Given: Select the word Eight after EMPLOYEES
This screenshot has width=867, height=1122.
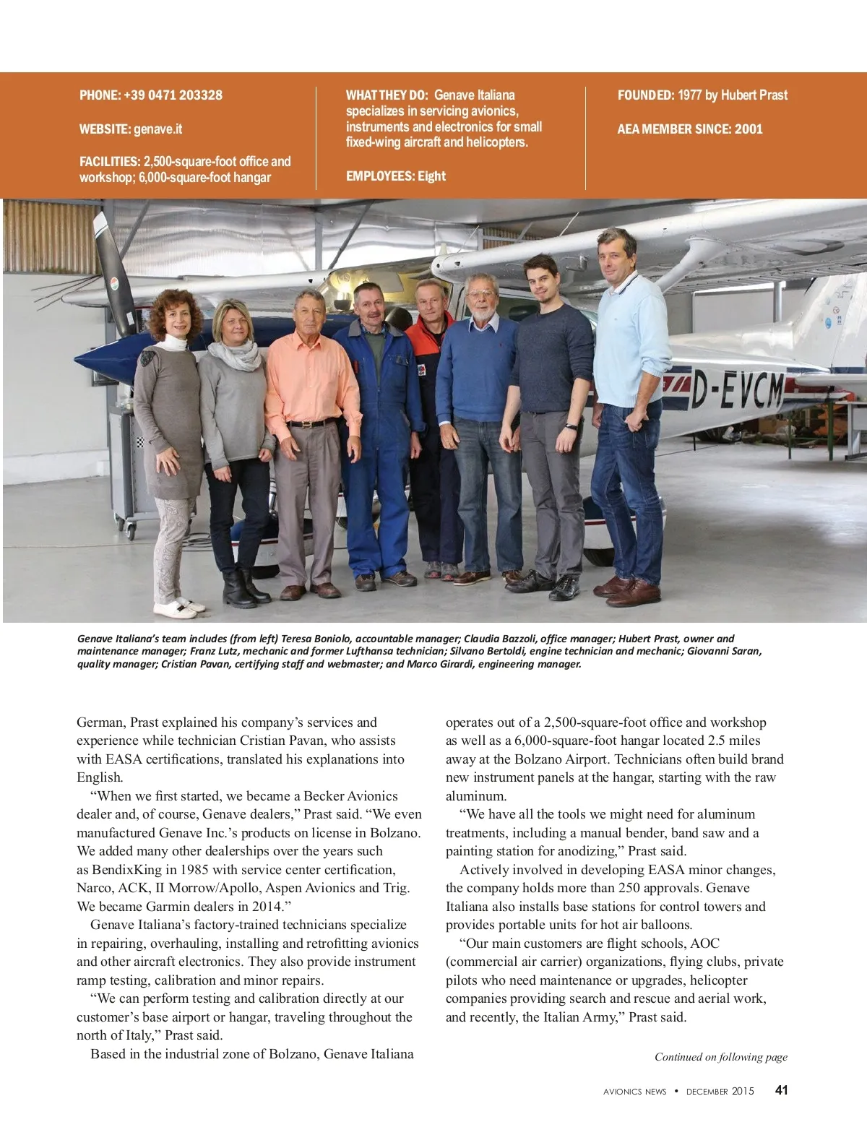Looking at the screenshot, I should [x=431, y=176].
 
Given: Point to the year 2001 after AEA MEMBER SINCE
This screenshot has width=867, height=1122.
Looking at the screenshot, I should [x=749, y=129].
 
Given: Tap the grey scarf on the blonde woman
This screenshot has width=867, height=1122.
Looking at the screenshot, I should [x=233, y=355].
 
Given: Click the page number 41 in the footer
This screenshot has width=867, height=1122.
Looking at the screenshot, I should [x=781, y=1090].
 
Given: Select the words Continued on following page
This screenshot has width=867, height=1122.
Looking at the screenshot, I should [x=720, y=1057].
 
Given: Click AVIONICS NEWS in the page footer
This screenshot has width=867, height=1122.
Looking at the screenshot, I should [x=634, y=1092].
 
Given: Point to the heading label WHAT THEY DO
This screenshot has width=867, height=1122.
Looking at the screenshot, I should [x=387, y=95].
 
